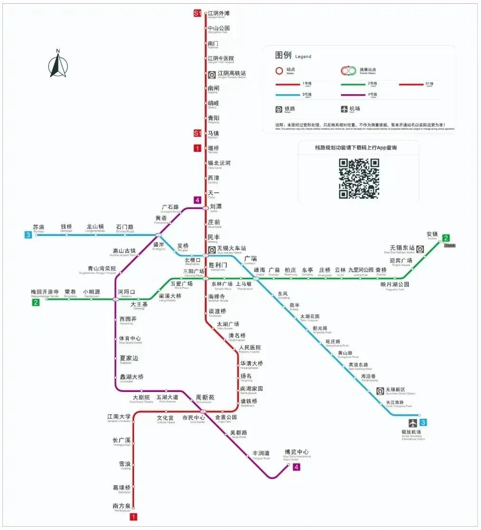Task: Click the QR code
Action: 359,178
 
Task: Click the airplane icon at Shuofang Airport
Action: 412,422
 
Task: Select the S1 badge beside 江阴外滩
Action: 197,14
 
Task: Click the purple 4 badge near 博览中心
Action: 297,467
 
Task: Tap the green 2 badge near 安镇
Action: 446,238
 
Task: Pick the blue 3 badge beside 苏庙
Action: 29,235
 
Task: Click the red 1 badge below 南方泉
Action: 134,517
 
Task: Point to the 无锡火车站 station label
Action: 231,248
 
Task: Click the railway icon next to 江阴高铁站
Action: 212,74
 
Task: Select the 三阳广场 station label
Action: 193,271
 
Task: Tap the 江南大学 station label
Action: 119,417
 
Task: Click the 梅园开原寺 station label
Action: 45,292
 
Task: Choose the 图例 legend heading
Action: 283,55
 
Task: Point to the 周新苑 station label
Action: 205,397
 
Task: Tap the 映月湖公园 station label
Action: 394,285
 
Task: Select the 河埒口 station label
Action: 126,292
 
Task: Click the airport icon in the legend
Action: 344,109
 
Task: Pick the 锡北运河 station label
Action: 219,163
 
